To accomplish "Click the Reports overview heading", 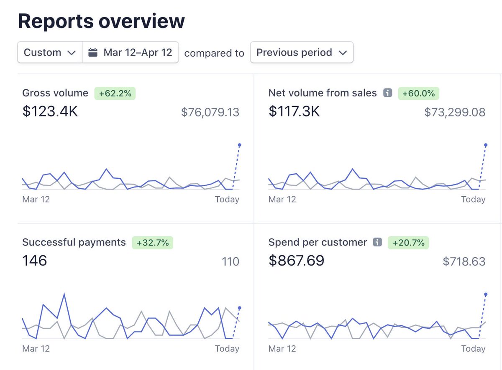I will (101, 21).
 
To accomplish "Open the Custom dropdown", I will (49, 53).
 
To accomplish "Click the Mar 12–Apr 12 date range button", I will (131, 53).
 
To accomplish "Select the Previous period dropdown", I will (302, 53).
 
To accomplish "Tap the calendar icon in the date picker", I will (93, 53).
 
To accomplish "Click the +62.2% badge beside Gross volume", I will (115, 93).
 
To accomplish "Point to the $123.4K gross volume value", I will (50, 112).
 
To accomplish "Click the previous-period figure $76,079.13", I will (210, 112).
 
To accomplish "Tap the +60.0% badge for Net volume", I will (418, 93).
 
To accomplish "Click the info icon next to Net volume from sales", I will (388, 93).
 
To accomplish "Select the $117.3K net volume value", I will (294, 112).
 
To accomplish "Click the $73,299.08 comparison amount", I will (455, 112).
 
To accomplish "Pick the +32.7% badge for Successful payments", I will (153, 243).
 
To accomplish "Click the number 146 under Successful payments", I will (35, 261).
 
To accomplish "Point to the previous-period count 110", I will (231, 262).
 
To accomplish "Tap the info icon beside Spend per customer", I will (377, 242).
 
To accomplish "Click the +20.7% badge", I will (408, 243).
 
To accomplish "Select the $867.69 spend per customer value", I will (296, 261).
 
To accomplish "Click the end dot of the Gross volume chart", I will (239, 145).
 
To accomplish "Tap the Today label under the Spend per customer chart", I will (473, 349).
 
